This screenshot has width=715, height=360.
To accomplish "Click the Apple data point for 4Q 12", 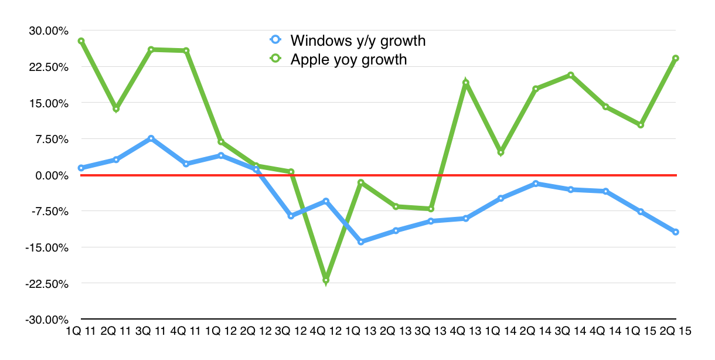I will point(326,280).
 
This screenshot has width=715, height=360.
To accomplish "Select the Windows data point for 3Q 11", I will point(151,138).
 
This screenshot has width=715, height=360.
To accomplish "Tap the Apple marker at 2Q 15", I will point(676,58).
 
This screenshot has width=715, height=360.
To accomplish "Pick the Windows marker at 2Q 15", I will point(676,232).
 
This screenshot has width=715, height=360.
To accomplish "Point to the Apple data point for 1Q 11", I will point(81,41).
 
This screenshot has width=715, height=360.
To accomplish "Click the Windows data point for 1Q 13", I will point(361,242).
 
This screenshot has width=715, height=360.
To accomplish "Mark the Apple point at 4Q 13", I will point(466,83).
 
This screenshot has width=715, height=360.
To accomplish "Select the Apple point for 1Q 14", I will point(501,152).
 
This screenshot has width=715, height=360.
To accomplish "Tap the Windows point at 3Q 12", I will point(291,216).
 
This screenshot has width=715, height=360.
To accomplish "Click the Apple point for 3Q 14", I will point(571,75).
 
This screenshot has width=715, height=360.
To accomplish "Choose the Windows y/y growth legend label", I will point(357,40).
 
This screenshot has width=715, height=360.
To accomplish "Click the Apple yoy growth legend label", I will point(348,59).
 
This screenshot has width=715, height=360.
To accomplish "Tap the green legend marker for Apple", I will point(275,59).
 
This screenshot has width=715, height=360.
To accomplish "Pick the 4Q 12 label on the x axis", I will point(326,331).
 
